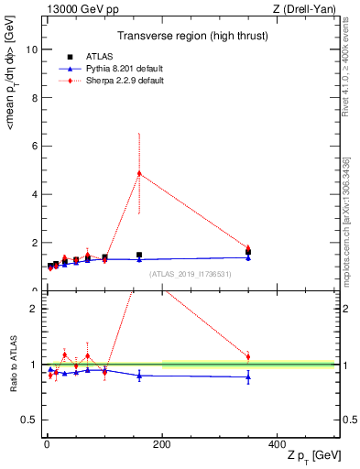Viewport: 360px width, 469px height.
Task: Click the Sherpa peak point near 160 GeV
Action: tap(139, 173)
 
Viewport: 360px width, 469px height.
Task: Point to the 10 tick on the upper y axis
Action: tap(34, 49)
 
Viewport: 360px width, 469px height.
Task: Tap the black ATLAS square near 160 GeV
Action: tap(139, 255)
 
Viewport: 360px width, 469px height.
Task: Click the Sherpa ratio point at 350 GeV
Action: tap(248, 356)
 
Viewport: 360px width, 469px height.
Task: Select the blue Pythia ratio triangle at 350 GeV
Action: tap(248, 376)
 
